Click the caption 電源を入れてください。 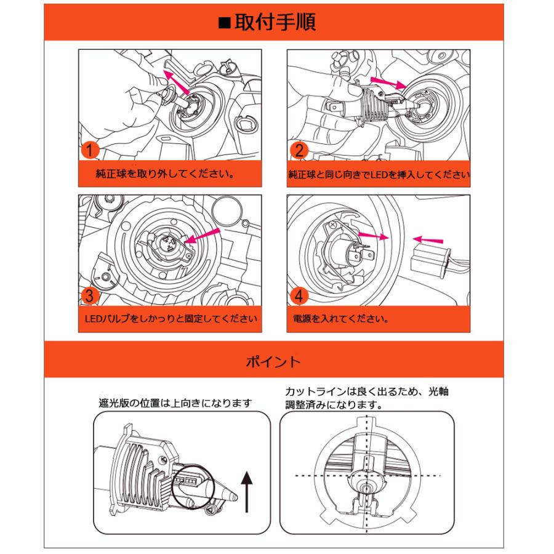(x=341, y=319)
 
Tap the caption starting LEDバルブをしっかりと (x=169, y=319)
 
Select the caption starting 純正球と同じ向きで (x=379, y=174)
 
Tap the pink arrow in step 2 (x=387, y=82)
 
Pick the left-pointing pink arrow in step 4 (x=428, y=239)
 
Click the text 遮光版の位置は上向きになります (x=175, y=403)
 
